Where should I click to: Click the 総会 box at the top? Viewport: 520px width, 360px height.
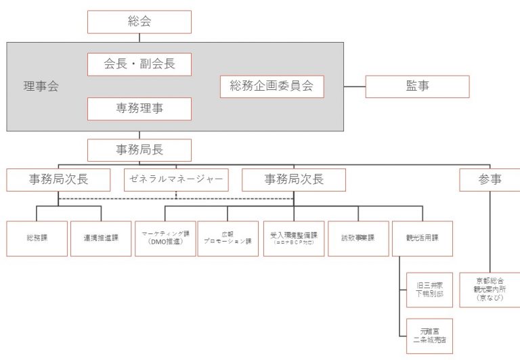[x=139, y=22]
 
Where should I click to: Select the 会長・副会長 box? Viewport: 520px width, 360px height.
[x=139, y=64]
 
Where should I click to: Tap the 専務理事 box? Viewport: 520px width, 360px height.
[x=139, y=108]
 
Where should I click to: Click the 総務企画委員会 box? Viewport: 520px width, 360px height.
[x=272, y=86]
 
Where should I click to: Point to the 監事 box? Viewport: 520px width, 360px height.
[x=417, y=86]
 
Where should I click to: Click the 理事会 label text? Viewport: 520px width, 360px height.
[x=41, y=86]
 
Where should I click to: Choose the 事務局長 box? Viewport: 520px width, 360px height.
[x=139, y=150]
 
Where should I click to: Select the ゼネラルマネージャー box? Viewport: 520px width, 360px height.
[x=176, y=179]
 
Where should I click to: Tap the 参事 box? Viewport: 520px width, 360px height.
[x=489, y=179]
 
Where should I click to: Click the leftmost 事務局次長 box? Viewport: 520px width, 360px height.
[x=58, y=179]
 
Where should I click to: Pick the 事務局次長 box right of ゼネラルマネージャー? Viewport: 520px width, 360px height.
[x=293, y=179]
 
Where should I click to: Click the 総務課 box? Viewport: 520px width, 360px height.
[x=37, y=238]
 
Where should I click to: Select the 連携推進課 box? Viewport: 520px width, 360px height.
[x=101, y=238]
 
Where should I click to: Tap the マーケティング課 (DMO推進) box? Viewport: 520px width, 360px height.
[x=165, y=238]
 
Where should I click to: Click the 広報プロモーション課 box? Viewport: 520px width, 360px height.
[x=229, y=238]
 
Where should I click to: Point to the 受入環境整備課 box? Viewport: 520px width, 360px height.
[x=293, y=238]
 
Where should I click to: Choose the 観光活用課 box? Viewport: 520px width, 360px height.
[x=422, y=238]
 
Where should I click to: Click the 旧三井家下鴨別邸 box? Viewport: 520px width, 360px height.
[x=429, y=290]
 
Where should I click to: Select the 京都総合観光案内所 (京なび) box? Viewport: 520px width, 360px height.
[x=489, y=290]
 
